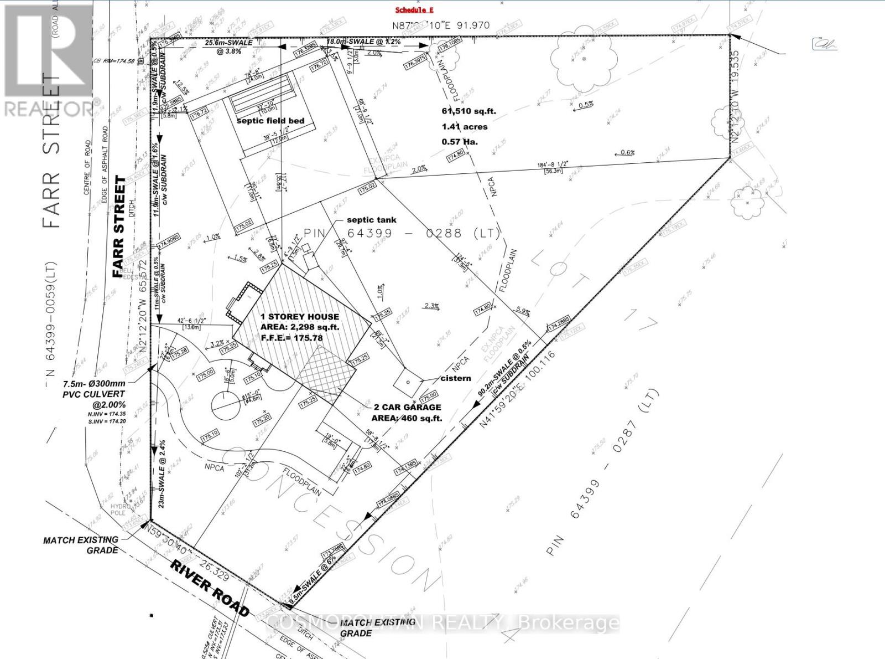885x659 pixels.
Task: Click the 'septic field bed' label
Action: point(270,121)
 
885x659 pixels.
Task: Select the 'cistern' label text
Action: point(456,378)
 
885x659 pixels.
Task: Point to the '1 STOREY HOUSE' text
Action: point(300,317)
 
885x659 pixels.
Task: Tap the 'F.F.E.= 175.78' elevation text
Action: point(291,337)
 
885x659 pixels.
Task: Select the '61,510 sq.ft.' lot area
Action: point(468,111)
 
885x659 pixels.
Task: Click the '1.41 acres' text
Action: point(464,126)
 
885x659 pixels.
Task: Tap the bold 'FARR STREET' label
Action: point(119,227)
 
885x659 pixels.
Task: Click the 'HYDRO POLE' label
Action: point(119,510)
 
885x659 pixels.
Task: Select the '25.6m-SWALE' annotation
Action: point(229,43)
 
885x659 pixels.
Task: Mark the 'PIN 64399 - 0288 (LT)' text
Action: point(402,233)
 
